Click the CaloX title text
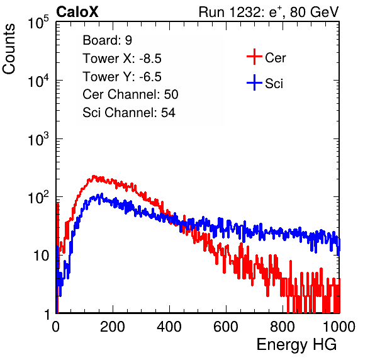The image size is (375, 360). [x=77, y=12]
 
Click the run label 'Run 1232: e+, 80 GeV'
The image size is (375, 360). [x=269, y=12]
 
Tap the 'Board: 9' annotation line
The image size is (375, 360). [x=107, y=40]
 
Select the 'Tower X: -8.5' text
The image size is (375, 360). [x=122, y=59]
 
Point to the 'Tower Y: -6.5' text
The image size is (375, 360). [x=122, y=77]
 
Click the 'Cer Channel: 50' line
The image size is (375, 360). [x=130, y=94]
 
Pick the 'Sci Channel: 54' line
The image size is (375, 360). [x=129, y=113]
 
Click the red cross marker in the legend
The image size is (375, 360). [x=254, y=57]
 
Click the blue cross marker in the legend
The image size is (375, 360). [x=254, y=82]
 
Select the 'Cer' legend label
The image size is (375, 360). [x=275, y=58]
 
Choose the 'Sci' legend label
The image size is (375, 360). [x=274, y=84]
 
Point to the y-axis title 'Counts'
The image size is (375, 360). [x=9, y=49]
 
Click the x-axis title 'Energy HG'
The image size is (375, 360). [x=296, y=344]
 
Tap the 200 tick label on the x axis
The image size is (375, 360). [x=113, y=327]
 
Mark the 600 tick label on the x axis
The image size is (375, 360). [x=226, y=327]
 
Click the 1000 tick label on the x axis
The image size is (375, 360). [x=339, y=327]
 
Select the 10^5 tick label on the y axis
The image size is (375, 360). [x=38, y=23]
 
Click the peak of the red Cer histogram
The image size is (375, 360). [x=94, y=176]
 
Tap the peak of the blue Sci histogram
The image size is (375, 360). [x=102, y=194]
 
